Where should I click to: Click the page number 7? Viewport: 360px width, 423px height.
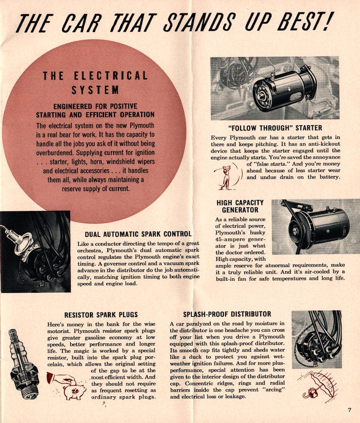[349, 409]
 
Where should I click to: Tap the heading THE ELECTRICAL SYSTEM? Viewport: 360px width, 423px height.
[95, 82]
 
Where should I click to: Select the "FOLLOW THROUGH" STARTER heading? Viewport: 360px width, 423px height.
[275, 128]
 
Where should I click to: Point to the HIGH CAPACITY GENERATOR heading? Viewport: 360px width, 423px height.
[240, 206]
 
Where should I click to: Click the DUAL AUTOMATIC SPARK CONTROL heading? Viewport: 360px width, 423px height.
[138, 234]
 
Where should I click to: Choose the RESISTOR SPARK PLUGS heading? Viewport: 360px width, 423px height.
[101, 315]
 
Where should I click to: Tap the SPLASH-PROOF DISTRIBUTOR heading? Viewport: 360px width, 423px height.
[227, 314]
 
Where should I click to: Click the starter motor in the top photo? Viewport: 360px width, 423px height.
[284, 88]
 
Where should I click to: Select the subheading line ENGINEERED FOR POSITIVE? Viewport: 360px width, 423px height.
[95, 106]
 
